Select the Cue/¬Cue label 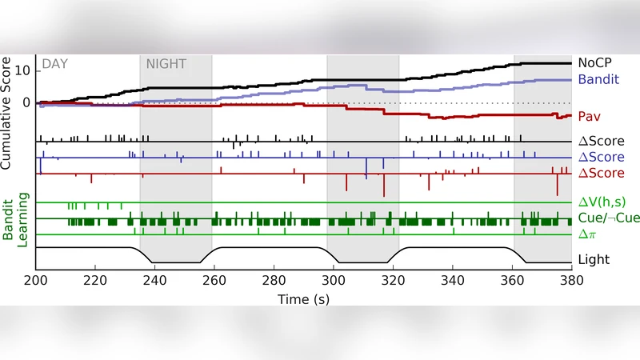606,218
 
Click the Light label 593,259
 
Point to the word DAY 54,63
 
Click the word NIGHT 165,63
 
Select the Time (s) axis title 303,298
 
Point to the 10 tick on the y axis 22,70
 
